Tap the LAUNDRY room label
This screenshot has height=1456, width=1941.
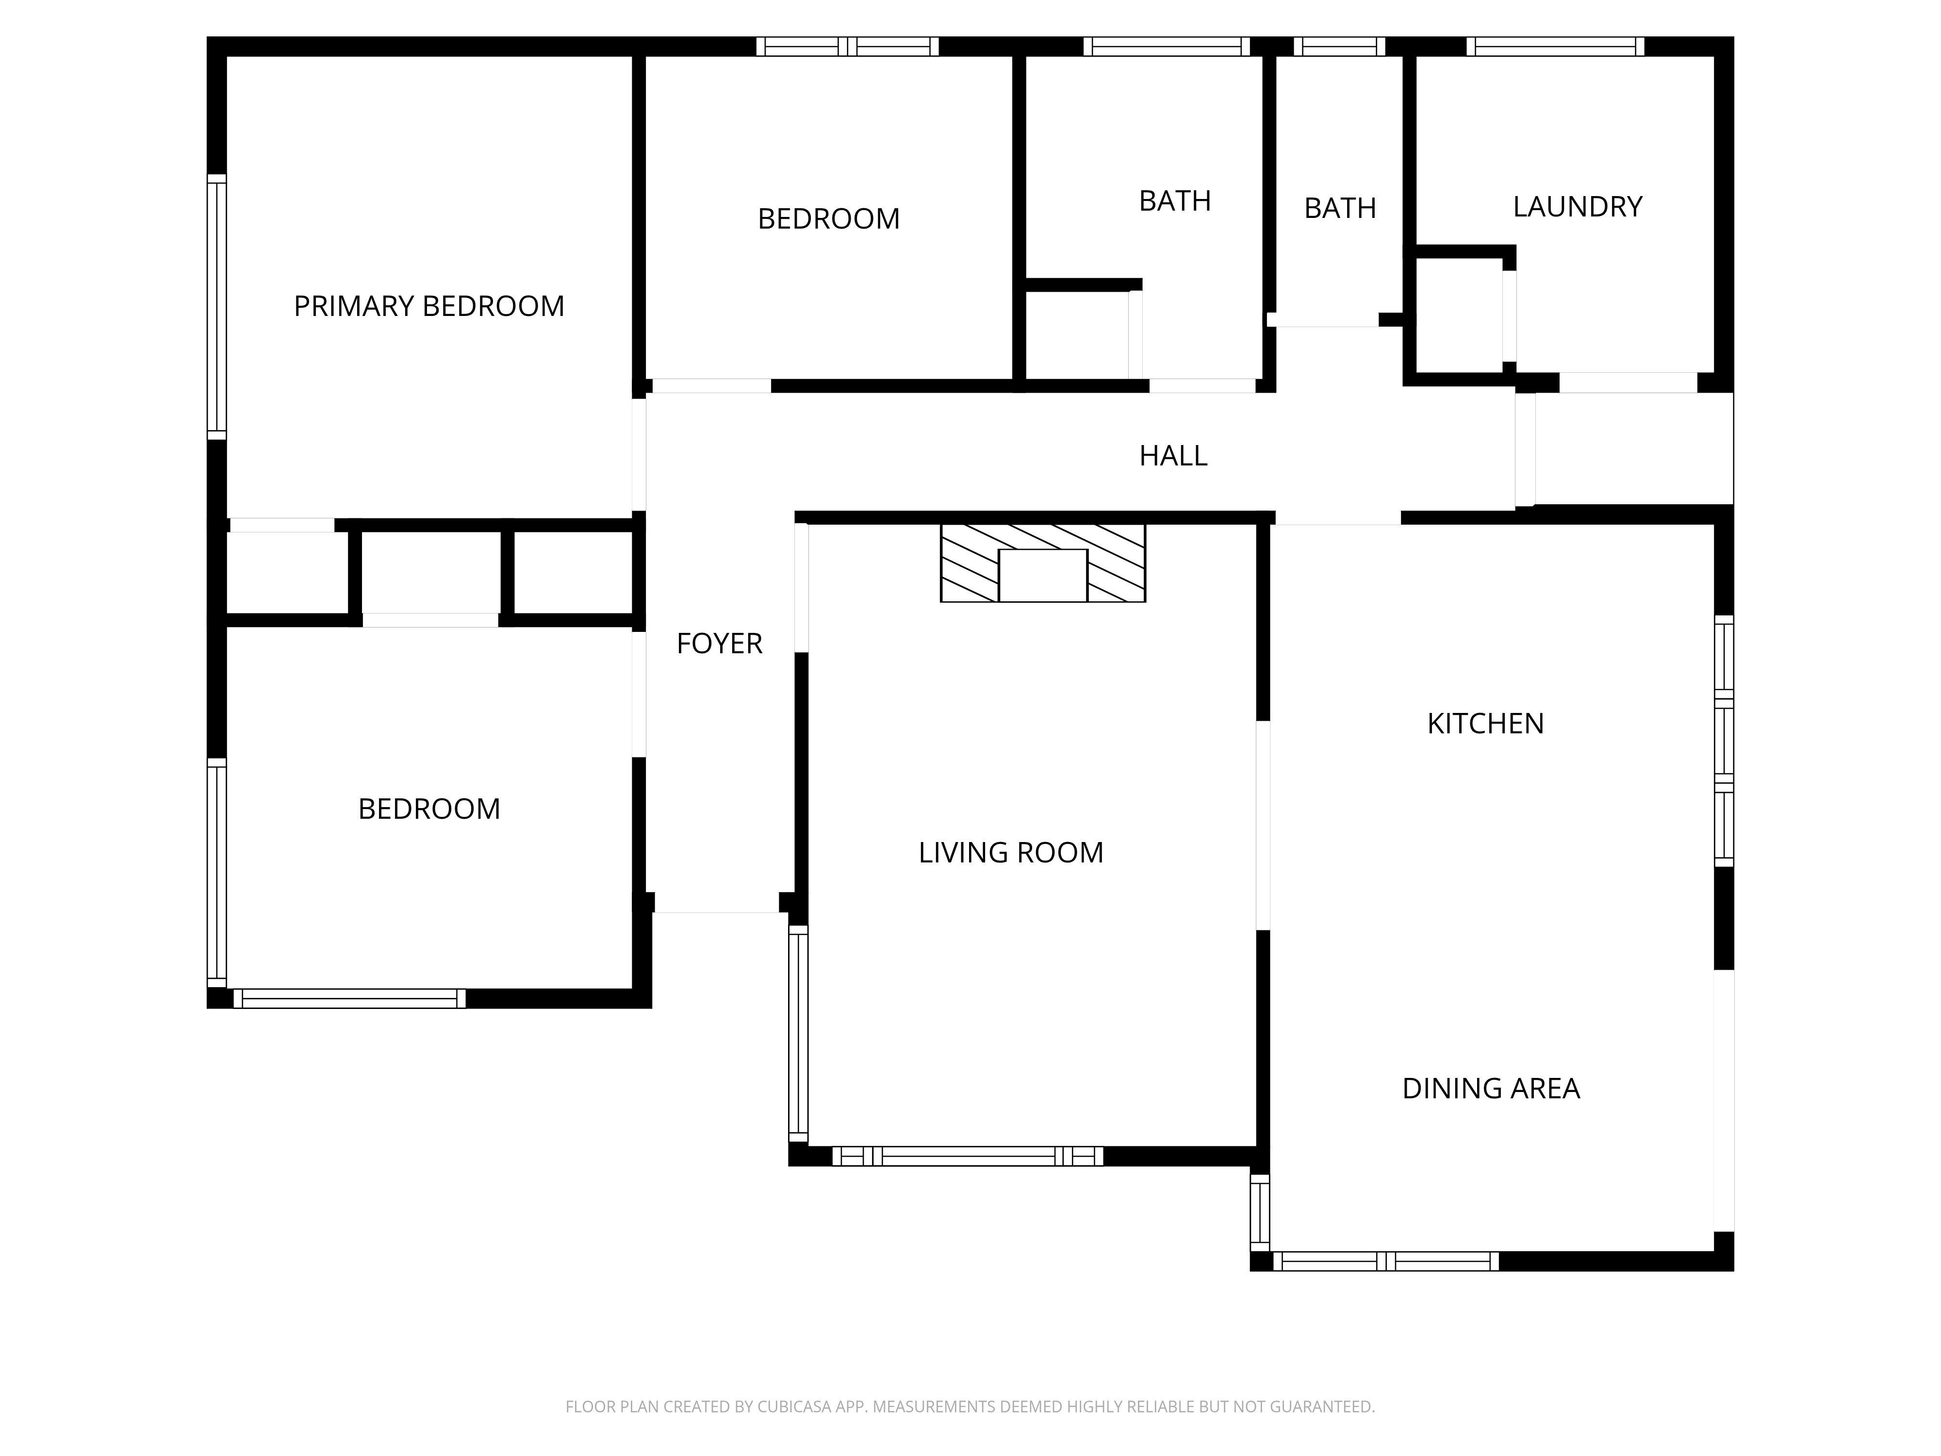point(1577,207)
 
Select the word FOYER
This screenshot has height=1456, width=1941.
point(719,644)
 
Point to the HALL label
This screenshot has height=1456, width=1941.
point(1173,456)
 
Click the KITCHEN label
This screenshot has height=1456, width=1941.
point(1485,724)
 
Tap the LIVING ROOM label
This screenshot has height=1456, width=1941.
point(1011,853)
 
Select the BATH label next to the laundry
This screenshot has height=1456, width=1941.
point(1340,209)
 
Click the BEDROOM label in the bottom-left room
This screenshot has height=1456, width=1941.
point(429,809)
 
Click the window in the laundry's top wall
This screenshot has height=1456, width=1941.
point(1555,47)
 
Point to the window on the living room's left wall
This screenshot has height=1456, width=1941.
point(798,1033)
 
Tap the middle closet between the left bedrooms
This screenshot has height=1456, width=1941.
point(430,572)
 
